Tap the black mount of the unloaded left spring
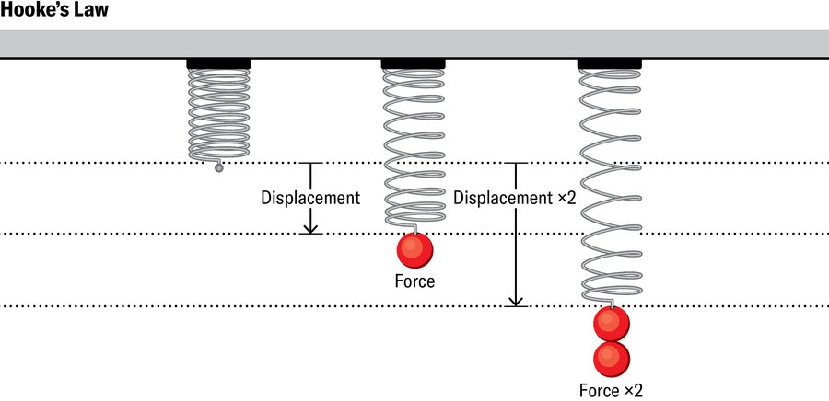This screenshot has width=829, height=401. pyautogui.click(x=218, y=63)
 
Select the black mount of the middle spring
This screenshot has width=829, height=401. pyautogui.click(x=414, y=63)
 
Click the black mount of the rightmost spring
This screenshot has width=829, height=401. pyautogui.click(x=609, y=63)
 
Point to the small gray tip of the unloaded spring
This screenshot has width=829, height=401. pyautogui.click(x=218, y=167)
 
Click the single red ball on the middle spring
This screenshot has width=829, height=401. pyautogui.click(x=414, y=249)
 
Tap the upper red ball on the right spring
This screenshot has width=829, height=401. pyautogui.click(x=611, y=324)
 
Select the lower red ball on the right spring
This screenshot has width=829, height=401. pyautogui.click(x=611, y=357)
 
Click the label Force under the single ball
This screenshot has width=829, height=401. pyautogui.click(x=414, y=281)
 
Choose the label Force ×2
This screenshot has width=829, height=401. pyautogui.click(x=611, y=389)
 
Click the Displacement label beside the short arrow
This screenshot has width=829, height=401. pyautogui.click(x=309, y=198)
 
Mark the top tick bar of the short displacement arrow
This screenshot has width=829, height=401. pyautogui.click(x=310, y=164)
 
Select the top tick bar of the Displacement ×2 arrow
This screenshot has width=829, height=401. pyautogui.click(x=517, y=164)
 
